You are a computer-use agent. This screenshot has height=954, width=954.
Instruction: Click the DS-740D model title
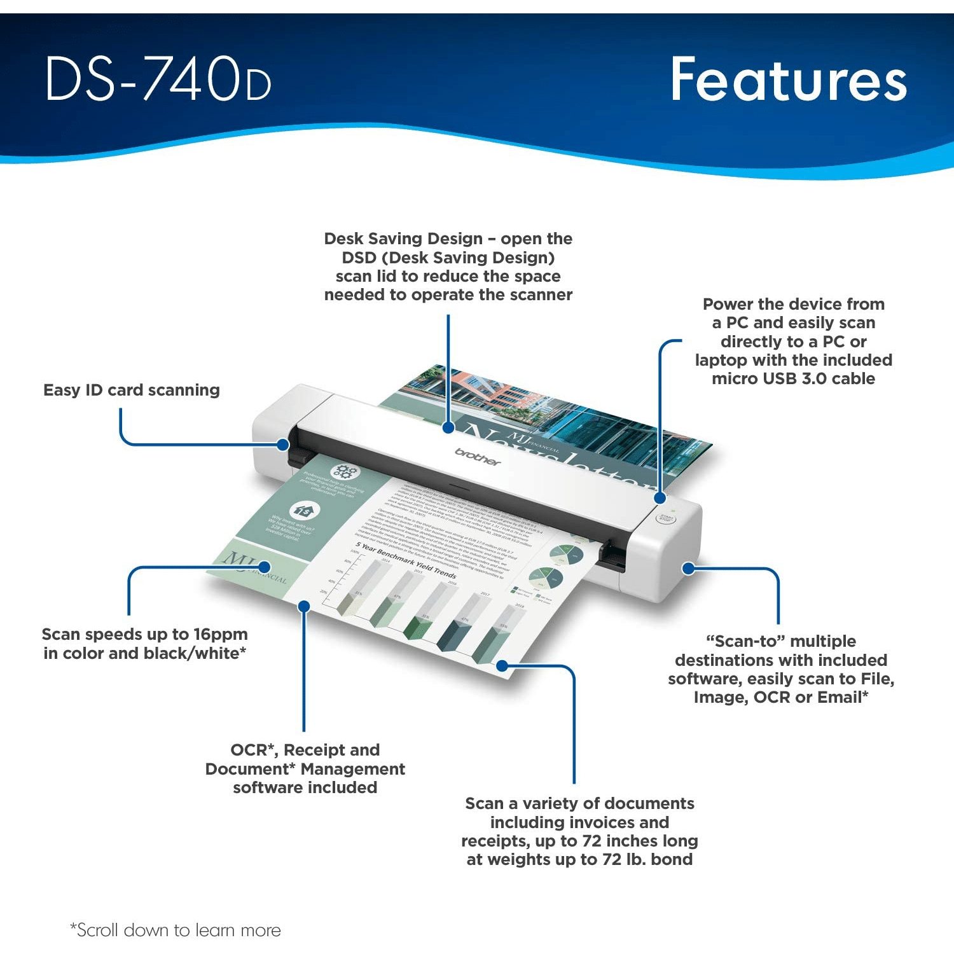pyautogui.click(x=158, y=79)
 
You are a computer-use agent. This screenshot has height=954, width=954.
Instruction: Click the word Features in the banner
pyautogui.click(x=788, y=79)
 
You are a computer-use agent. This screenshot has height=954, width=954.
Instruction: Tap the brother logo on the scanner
pyautogui.click(x=478, y=456)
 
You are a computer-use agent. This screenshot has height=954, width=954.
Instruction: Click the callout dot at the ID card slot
pyautogui.click(x=283, y=445)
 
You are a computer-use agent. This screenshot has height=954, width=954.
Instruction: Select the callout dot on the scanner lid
pyautogui.click(x=448, y=428)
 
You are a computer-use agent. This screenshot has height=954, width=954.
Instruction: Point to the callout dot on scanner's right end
pyautogui.click(x=688, y=568)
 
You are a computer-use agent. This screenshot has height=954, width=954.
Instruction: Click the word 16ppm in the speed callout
pyautogui.click(x=221, y=634)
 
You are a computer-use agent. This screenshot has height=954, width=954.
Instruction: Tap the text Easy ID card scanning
pyautogui.click(x=132, y=390)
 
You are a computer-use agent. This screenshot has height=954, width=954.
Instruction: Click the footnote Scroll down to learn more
pyautogui.click(x=176, y=930)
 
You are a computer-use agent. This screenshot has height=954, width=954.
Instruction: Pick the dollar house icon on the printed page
pyautogui.click(x=305, y=510)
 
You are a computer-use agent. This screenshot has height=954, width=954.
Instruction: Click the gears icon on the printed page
pyautogui.click(x=345, y=472)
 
